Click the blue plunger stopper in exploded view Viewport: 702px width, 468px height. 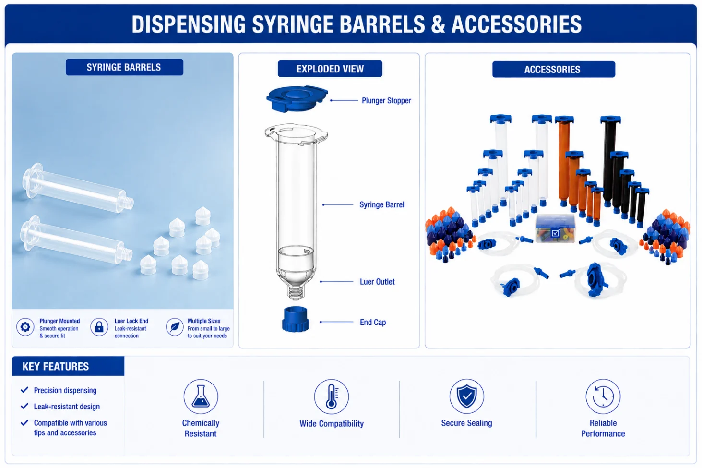297,98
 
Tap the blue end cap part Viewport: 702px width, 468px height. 296,319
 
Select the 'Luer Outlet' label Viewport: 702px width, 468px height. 377,281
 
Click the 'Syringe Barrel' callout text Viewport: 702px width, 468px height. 382,204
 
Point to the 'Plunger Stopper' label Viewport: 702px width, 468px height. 386,100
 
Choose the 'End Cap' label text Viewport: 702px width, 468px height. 373,322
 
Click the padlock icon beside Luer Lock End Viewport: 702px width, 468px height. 99,327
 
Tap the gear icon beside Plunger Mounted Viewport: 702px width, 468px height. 25,327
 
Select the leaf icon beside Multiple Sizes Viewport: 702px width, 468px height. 175,327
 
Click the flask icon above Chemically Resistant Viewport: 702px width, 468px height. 201,396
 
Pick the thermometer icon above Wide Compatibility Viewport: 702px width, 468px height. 331,396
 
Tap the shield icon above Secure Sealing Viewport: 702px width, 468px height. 467,396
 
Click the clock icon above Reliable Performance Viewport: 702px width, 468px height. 603,396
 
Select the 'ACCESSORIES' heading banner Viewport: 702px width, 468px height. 553,69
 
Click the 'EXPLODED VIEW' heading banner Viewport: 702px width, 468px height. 330,69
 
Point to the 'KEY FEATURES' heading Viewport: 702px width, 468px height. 56,366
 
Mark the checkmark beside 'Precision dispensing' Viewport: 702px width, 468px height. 24,390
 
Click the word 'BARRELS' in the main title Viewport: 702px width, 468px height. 382,24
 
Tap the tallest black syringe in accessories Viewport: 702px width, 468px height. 610,160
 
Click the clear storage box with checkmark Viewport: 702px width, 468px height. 555,228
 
